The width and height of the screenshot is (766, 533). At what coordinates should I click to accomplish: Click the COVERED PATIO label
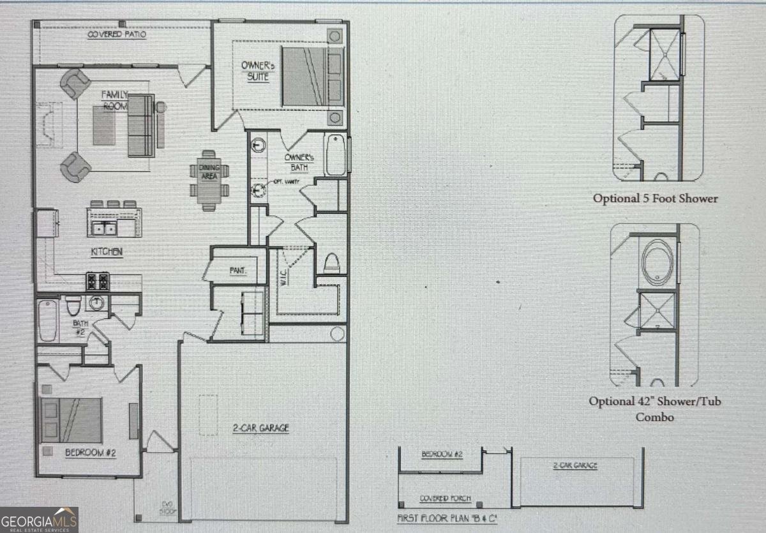(x=117, y=34)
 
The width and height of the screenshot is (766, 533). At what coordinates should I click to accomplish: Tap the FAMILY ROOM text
(x=116, y=100)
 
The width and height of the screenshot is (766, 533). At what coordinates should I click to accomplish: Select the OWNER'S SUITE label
(x=255, y=71)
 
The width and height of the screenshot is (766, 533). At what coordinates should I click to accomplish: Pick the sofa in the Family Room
(x=141, y=125)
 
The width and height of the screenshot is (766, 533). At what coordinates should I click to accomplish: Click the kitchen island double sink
(x=105, y=228)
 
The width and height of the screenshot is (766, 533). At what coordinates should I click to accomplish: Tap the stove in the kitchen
(x=98, y=281)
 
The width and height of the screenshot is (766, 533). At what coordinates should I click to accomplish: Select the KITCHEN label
(x=107, y=252)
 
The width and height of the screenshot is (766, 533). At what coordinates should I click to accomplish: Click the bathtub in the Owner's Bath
(x=336, y=154)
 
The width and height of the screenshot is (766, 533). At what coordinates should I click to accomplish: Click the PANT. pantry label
(x=237, y=270)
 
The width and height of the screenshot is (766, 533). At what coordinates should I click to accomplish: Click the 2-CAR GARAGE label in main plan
(x=260, y=428)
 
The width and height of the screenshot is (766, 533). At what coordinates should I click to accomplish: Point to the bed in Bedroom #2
(x=71, y=420)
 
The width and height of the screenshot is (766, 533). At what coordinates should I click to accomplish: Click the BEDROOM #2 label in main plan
(x=90, y=453)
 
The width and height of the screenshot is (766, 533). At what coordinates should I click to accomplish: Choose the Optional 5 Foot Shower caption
(x=655, y=199)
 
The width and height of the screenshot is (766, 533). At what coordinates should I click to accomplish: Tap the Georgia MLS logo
(x=39, y=520)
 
